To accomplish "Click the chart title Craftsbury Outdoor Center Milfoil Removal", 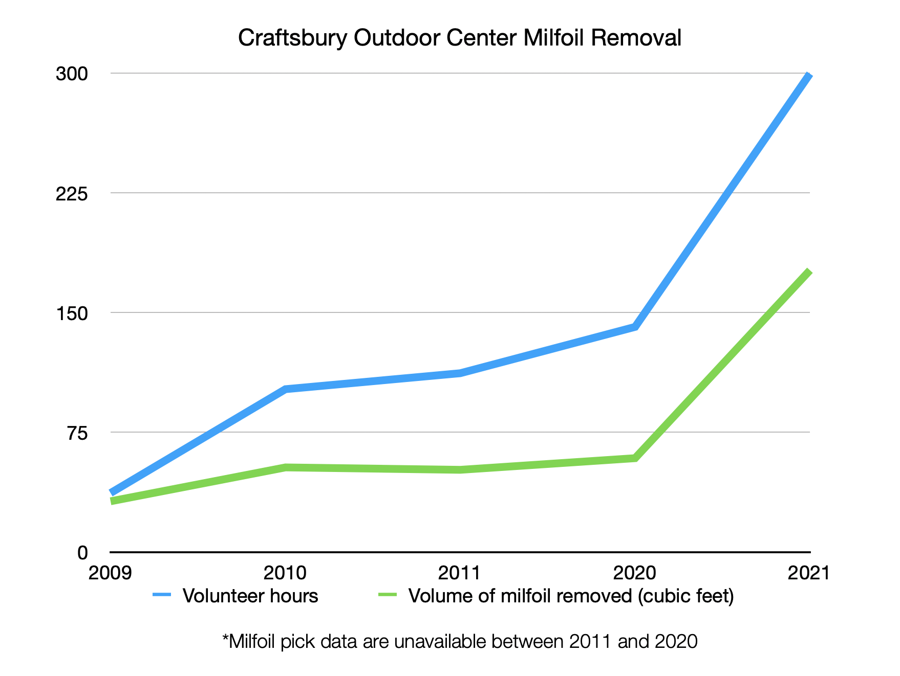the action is point(460,38).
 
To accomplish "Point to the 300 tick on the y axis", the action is point(72,74).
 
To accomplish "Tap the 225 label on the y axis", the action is point(72,193).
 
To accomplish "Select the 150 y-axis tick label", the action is point(72,313).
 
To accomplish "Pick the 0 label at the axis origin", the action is point(82,552).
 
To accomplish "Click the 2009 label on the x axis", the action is point(110,573).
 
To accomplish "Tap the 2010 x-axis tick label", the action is point(285,573).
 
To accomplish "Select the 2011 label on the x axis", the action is point(460,573).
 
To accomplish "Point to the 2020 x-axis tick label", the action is point(635,573).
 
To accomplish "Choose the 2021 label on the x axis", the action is point(809,573).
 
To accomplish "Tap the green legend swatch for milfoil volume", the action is point(388,595).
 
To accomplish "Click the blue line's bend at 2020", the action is point(635,326).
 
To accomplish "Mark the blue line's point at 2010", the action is point(285,389).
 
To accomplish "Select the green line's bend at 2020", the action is point(635,458).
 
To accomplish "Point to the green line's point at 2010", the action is point(285,467).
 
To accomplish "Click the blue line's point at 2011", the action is point(460,373).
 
